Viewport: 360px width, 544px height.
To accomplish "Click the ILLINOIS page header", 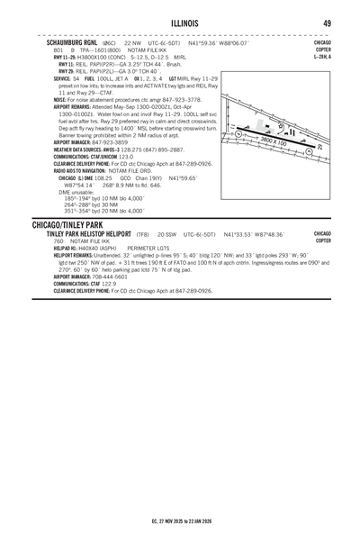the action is [x=180, y=23].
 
